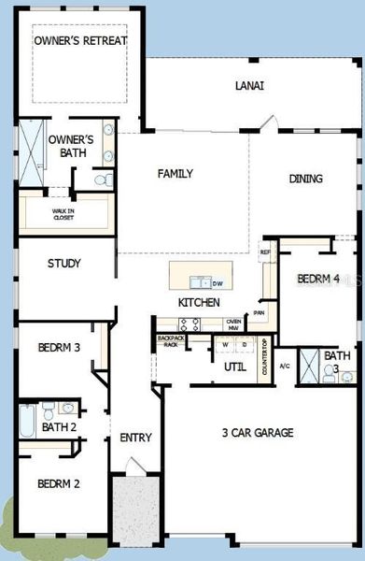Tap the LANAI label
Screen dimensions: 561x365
coord(248,85)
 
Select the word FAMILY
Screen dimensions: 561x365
coord(175,174)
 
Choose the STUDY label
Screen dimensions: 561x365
coord(63,264)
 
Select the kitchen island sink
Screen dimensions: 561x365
coord(198,282)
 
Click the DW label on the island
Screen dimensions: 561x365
coord(217,283)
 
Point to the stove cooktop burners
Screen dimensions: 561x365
coord(190,324)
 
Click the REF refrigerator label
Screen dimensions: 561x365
coord(265,252)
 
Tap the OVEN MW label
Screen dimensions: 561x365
coord(234,324)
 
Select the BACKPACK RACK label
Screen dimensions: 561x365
coord(170,341)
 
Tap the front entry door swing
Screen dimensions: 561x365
coord(134,465)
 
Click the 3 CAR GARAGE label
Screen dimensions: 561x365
coord(257,432)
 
